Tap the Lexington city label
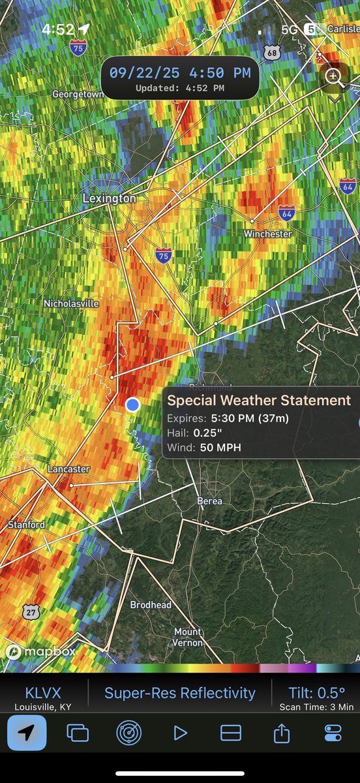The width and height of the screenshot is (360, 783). tap(109, 198)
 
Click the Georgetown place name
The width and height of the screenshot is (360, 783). tap(78, 94)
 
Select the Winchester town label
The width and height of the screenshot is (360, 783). tap(267, 234)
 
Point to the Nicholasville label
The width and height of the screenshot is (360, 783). tap(71, 303)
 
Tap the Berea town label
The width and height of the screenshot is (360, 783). tap(209, 501)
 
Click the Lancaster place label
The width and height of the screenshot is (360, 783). tap(68, 469)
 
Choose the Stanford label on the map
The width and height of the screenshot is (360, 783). tap(26, 525)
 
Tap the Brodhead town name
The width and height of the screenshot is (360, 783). tap(151, 605)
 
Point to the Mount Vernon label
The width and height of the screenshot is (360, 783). tap(188, 637)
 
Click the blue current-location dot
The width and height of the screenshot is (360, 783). tap(132, 405)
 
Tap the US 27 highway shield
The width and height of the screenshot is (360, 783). tap(30, 611)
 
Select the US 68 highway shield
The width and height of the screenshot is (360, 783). tap(273, 52)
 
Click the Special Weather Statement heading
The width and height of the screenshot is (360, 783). tap(259, 401)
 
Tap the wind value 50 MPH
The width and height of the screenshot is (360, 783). tap(217, 448)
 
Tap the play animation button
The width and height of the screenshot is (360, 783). tap(180, 733)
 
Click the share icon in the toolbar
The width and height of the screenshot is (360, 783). tap(281, 733)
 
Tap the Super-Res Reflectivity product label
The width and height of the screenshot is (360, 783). tap(180, 693)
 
